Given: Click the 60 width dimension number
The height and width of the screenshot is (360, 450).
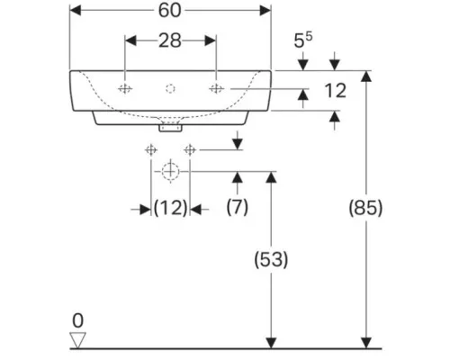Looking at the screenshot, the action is [169, 11].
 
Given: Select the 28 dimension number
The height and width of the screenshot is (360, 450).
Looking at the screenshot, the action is [170, 40].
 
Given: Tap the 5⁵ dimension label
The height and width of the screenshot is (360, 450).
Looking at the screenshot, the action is [303, 40].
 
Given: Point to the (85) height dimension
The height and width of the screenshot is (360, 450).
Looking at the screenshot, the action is [365, 208].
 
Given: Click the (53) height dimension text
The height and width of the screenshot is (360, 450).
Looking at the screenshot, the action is [271, 259].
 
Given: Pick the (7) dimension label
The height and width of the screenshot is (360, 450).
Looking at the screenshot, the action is [238, 207].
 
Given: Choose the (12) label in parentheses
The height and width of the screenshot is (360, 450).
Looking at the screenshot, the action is [170, 208].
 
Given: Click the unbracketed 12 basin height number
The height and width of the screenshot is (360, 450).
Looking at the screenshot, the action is [336, 91].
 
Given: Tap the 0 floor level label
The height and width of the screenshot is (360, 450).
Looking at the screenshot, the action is [77, 320].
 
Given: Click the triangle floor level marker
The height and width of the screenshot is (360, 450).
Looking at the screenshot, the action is [77, 340].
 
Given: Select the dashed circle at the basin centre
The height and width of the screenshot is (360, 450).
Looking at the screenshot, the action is [170, 89].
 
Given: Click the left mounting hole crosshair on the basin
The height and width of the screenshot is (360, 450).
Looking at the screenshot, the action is [125, 89].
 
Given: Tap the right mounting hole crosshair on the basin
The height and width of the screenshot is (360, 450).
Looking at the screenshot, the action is [216, 89].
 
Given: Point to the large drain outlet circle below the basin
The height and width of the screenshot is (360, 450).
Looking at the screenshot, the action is [170, 172].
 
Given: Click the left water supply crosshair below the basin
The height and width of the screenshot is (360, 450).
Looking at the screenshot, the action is [151, 149].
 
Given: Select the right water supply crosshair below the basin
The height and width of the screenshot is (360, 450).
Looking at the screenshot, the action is [190, 149].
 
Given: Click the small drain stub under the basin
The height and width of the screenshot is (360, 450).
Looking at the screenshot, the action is [170, 128].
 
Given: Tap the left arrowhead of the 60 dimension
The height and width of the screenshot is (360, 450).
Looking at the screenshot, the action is [76, 11].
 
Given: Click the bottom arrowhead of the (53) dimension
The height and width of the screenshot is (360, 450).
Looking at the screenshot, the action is [271, 343].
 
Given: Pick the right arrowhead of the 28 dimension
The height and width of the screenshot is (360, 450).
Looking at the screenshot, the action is [211, 40].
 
